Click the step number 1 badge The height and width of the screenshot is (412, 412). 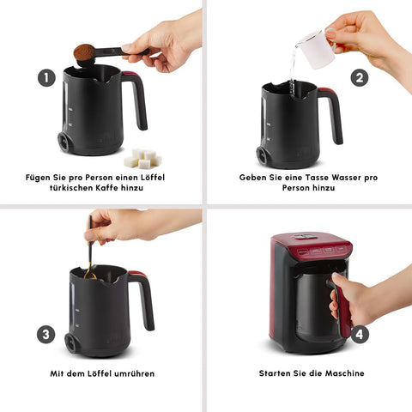tap(46, 77)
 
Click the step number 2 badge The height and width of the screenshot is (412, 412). tap(360, 77)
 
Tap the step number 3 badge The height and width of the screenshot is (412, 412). tap(45, 334)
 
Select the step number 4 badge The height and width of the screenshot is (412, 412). tap(360, 334)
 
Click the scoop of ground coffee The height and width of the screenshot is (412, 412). tap(84, 52)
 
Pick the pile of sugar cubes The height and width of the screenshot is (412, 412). tap(142, 158)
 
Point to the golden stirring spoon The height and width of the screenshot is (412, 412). tap(90, 251)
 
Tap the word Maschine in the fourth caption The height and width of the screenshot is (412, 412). tap(345, 373)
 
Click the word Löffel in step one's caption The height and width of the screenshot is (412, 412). tap(153, 178)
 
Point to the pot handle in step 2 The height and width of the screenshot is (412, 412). tap(332, 113)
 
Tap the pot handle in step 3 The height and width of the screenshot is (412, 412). tap(143, 298)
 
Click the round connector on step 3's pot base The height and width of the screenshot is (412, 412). tap(70, 342)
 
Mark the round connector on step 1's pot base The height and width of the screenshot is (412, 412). tap(64, 142)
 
